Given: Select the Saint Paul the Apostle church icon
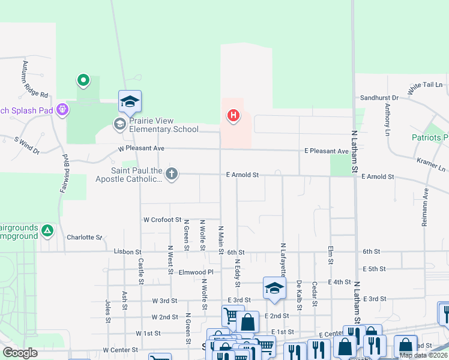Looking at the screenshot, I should coord(172,174).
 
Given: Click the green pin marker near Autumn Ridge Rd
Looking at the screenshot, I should coord(83,80).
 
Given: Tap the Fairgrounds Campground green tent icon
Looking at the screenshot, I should coord(47,229).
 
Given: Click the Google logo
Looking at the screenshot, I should coord(19,353).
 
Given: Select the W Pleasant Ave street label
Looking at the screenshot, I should coord(141,148).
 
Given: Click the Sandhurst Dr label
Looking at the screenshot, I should coord(379,97).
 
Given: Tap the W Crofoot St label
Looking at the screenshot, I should coord(161,220).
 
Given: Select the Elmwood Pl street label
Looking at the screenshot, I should coord(197,271).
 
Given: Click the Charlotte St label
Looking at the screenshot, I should coord(84,238).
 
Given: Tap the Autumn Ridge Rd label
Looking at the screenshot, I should coord(34,79).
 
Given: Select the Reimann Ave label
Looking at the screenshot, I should coord(425,206).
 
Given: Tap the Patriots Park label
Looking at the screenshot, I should coord(430,138).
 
